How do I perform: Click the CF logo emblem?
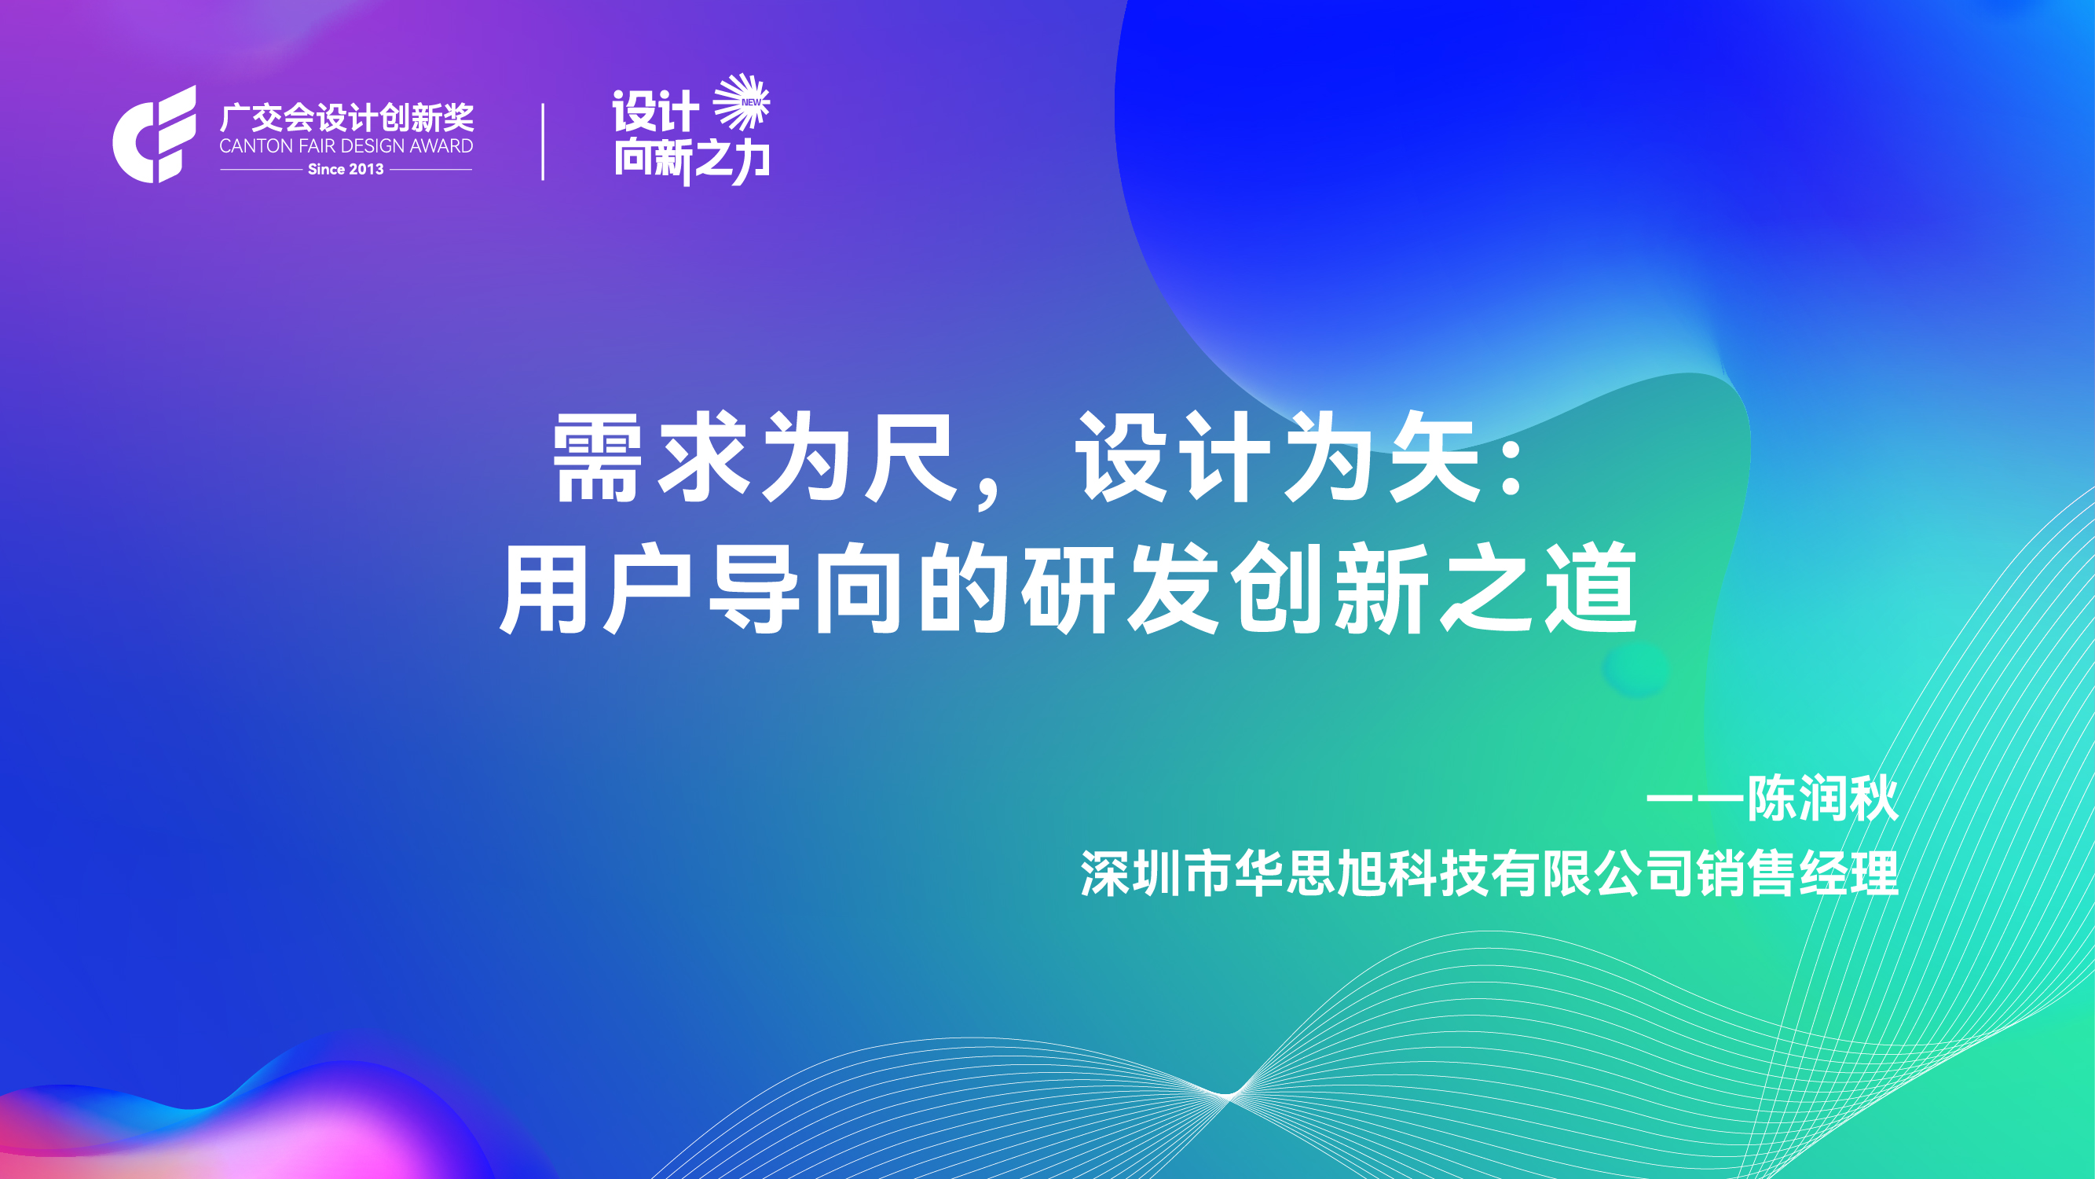click(x=155, y=134)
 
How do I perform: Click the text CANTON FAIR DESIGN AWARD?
click(x=346, y=146)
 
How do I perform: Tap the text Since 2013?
click(x=346, y=169)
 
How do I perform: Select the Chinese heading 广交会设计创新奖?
click(x=346, y=118)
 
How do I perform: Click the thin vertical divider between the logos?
click(x=543, y=141)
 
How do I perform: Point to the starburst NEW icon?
click(x=742, y=101)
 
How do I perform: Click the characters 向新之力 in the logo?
click(x=691, y=160)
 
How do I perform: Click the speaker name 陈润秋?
click(x=1822, y=799)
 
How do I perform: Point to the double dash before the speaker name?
click(x=1696, y=799)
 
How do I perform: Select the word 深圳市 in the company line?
click(x=1156, y=874)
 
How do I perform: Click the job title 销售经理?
click(x=1798, y=874)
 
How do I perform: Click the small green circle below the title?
click(x=1636, y=669)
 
